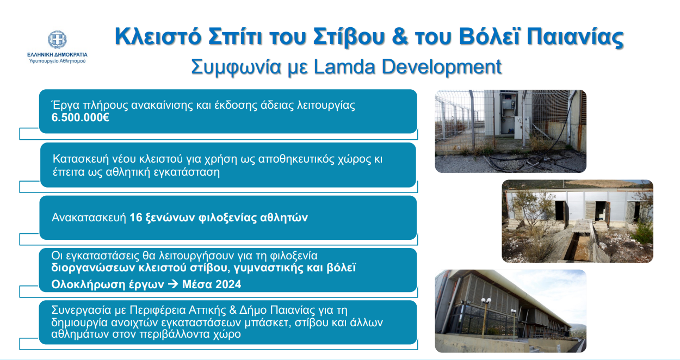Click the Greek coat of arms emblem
point(57,40)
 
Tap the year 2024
point(227,284)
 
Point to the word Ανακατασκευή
point(88,218)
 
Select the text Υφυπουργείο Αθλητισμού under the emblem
point(57,61)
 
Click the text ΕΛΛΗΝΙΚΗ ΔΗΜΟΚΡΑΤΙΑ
point(57,54)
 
